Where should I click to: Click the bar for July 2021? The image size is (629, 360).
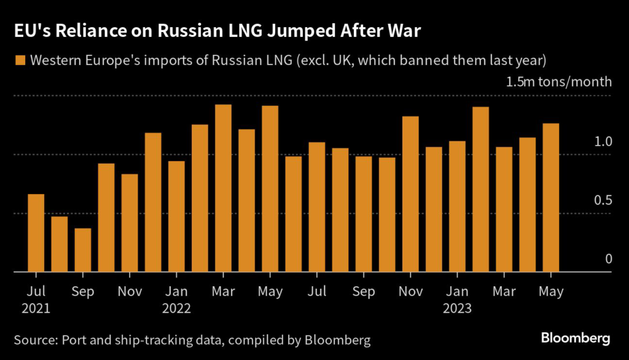pyautogui.click(x=36, y=233)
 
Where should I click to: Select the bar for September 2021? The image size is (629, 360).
pyautogui.click(x=83, y=250)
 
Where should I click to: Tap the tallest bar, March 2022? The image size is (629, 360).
pyautogui.click(x=223, y=188)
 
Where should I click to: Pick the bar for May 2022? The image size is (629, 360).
pyautogui.click(x=270, y=189)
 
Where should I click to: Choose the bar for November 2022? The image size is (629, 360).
pyautogui.click(x=410, y=194)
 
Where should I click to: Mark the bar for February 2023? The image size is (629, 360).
pyautogui.click(x=480, y=189)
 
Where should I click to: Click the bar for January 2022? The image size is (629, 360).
pyautogui.click(x=176, y=216)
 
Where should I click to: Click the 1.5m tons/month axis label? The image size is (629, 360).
pyautogui.click(x=558, y=82)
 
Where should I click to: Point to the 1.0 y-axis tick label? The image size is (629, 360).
pyautogui.click(x=604, y=141)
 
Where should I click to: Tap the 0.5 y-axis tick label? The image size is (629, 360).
pyautogui.click(x=604, y=200)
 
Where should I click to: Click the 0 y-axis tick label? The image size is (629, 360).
pyautogui.click(x=608, y=259)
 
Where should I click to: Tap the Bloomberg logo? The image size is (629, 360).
pyautogui.click(x=575, y=338)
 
